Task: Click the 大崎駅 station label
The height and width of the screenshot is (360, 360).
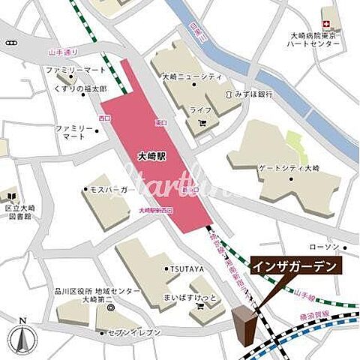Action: coord(153,158)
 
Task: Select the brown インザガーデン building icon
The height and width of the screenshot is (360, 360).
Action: coord(244,327)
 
